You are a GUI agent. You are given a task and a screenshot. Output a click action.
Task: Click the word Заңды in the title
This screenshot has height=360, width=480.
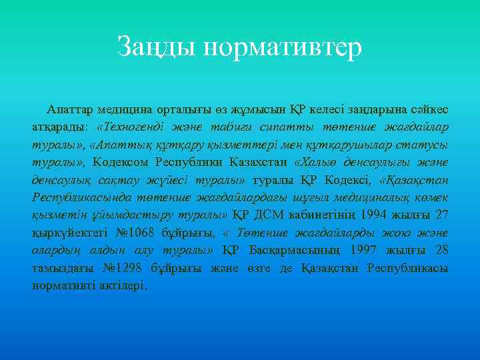pos(157,47)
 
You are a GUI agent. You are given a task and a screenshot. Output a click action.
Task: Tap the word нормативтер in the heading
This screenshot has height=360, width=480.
pos(283,47)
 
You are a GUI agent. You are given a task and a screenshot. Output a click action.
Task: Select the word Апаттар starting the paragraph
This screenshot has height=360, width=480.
pos(69,108)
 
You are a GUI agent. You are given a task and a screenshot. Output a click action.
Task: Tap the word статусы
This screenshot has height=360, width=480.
pos(425,144)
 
